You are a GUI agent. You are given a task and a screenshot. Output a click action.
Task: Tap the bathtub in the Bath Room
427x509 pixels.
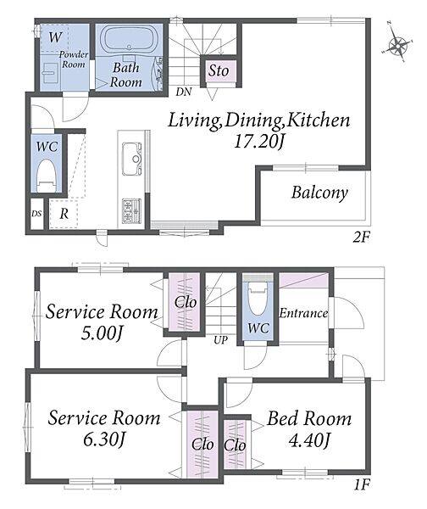tap(129, 39)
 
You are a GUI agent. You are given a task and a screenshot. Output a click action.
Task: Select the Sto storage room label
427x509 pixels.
tap(219, 70)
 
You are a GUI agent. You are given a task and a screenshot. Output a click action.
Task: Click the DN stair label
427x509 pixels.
tap(184, 92)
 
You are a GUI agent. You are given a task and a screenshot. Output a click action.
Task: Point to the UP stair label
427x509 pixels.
tap(220, 340)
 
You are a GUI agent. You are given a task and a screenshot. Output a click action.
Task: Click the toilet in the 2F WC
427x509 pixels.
tap(46, 176)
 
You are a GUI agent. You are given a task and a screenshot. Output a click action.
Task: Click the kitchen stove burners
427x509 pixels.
tap(131, 211)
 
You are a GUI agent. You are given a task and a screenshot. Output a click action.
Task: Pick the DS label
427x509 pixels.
tap(36, 214)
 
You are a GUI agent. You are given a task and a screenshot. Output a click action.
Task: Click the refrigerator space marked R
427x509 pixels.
tap(64, 214)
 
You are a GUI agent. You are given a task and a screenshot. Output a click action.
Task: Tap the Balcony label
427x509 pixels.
tap(319, 193)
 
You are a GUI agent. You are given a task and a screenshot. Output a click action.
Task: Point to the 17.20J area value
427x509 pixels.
tap(258, 142)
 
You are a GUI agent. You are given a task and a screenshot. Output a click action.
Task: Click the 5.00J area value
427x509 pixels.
tap(102, 333)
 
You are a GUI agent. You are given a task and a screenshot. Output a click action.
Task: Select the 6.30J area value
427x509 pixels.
tap(104, 439)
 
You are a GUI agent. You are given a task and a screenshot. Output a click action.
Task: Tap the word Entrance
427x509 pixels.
tap(303, 313)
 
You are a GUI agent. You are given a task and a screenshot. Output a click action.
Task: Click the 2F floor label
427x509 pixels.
tap(361, 238)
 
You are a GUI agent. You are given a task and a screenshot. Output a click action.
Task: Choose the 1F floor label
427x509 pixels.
tap(362, 485)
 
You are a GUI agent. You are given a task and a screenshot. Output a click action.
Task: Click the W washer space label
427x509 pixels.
tap(55, 37)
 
